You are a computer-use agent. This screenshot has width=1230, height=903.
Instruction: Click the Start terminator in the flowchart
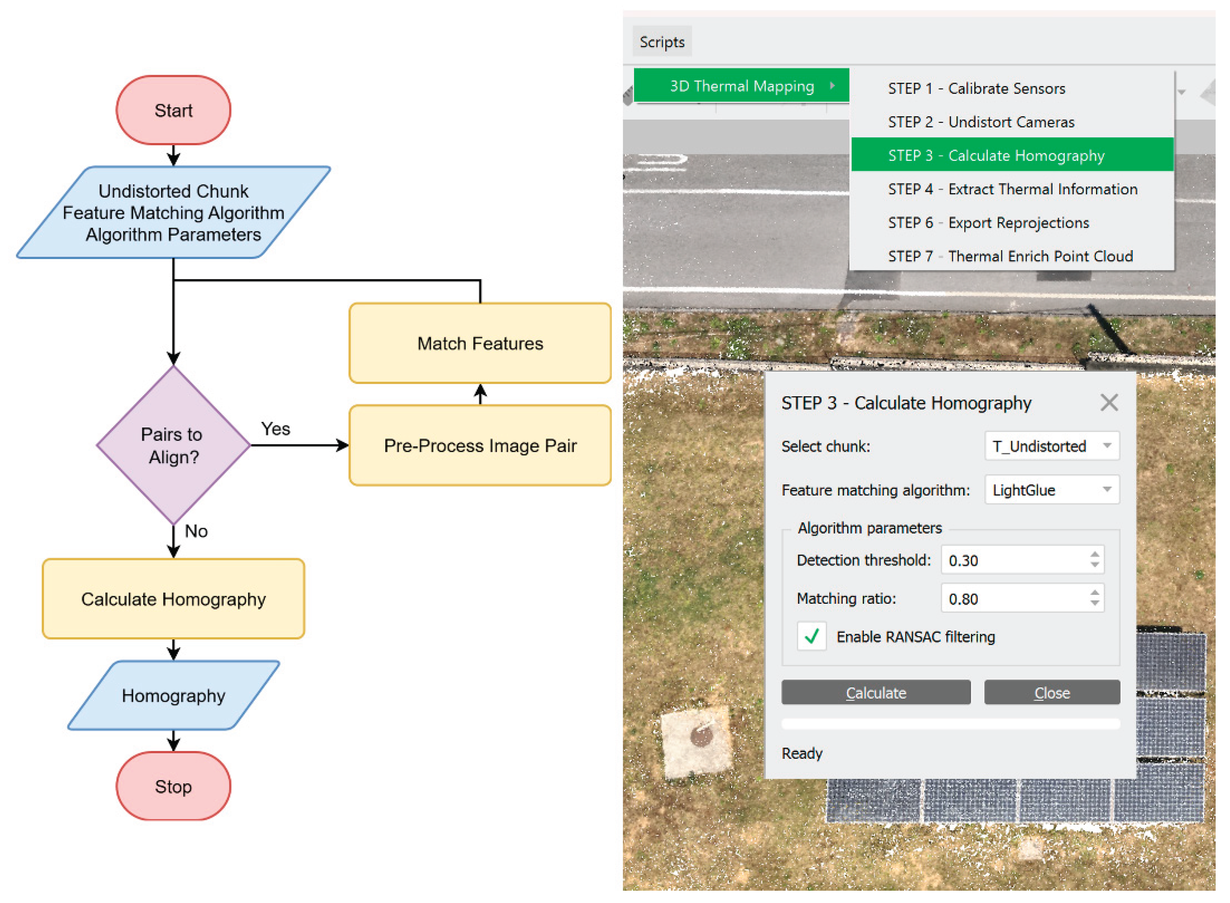173,110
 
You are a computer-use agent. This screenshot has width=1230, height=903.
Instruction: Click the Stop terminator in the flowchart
173,786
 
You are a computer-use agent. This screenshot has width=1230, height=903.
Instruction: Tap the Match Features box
480,343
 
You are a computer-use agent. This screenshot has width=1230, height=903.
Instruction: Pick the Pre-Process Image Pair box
480,446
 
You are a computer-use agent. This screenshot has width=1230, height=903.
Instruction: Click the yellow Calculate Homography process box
173,599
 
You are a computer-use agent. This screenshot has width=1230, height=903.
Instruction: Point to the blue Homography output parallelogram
173,695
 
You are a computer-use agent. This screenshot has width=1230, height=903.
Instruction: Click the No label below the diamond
196,531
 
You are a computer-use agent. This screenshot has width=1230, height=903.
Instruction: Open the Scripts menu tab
662,42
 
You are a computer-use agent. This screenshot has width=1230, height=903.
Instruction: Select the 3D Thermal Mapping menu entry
741,86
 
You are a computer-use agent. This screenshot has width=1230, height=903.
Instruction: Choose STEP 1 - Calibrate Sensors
976,89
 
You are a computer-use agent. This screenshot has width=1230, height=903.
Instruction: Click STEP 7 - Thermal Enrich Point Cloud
1010,256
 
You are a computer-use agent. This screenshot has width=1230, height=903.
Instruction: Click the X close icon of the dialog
1109,403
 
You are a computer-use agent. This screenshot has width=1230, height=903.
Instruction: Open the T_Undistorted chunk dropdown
1051,446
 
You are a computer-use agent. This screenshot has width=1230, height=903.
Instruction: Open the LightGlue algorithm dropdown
1051,490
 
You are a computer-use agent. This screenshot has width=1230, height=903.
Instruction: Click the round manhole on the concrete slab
701,736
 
